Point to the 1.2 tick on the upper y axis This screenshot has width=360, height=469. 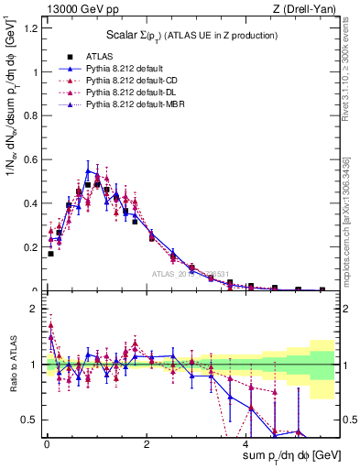(x=28, y=28)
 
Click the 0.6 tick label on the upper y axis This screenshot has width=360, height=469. (x=28, y=160)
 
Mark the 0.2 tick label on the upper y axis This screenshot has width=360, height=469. (x=28, y=247)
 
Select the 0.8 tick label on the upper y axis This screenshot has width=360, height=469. (x=28, y=116)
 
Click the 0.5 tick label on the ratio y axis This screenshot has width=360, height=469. (x=28, y=420)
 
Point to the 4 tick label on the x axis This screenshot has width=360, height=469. (x=248, y=443)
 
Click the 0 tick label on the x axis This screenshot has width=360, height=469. (x=46, y=443)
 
